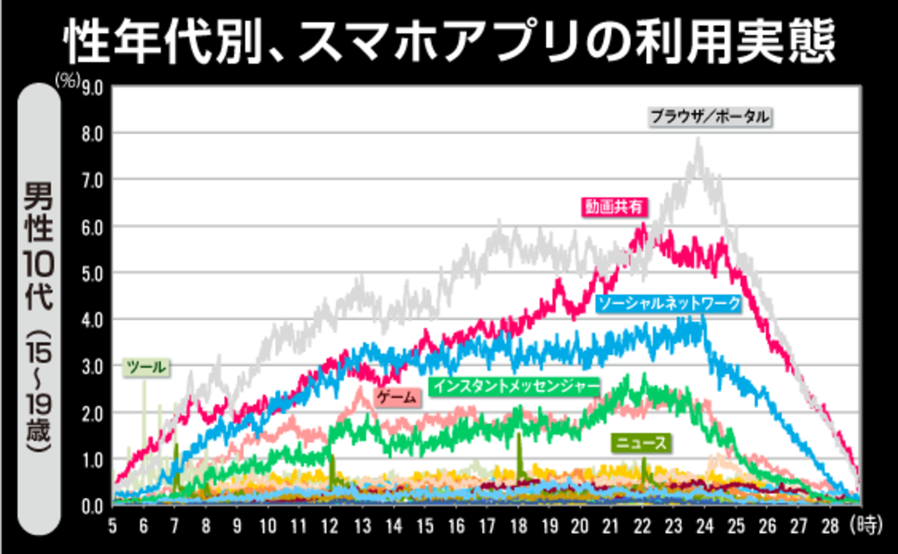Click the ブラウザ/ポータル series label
pos(710,117)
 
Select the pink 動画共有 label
pos(614,207)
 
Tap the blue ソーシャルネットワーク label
pos(669,304)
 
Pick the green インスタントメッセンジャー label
pos(515,387)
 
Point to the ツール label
pos(146,367)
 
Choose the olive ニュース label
pos(641,443)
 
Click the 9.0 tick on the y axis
pos(92,88)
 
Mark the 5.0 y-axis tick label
pos(92,274)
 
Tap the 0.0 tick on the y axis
pos(92,507)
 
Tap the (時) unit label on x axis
pos(866,525)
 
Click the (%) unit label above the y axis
pos(67,81)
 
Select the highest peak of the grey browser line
pos(698,140)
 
